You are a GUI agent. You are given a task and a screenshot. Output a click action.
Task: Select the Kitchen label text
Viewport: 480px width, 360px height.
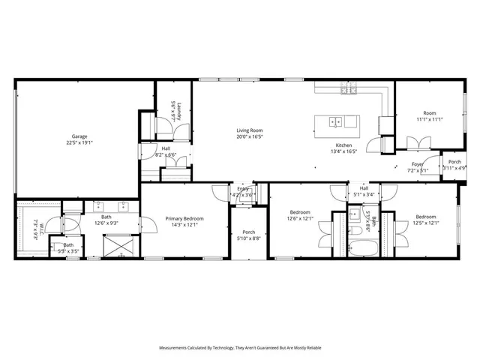tap(344, 145)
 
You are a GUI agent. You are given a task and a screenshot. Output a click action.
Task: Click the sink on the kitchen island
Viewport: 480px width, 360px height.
tap(337, 121)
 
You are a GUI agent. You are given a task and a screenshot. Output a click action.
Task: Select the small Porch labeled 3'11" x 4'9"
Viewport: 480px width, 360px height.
tap(454, 165)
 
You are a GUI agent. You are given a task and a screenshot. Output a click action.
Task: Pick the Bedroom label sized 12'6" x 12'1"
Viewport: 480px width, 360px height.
tap(301, 215)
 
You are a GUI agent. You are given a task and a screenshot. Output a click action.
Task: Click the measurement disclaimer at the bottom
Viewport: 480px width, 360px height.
tap(239, 348)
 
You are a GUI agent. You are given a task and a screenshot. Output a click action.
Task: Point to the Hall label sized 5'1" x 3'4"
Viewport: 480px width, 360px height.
tap(363, 191)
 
